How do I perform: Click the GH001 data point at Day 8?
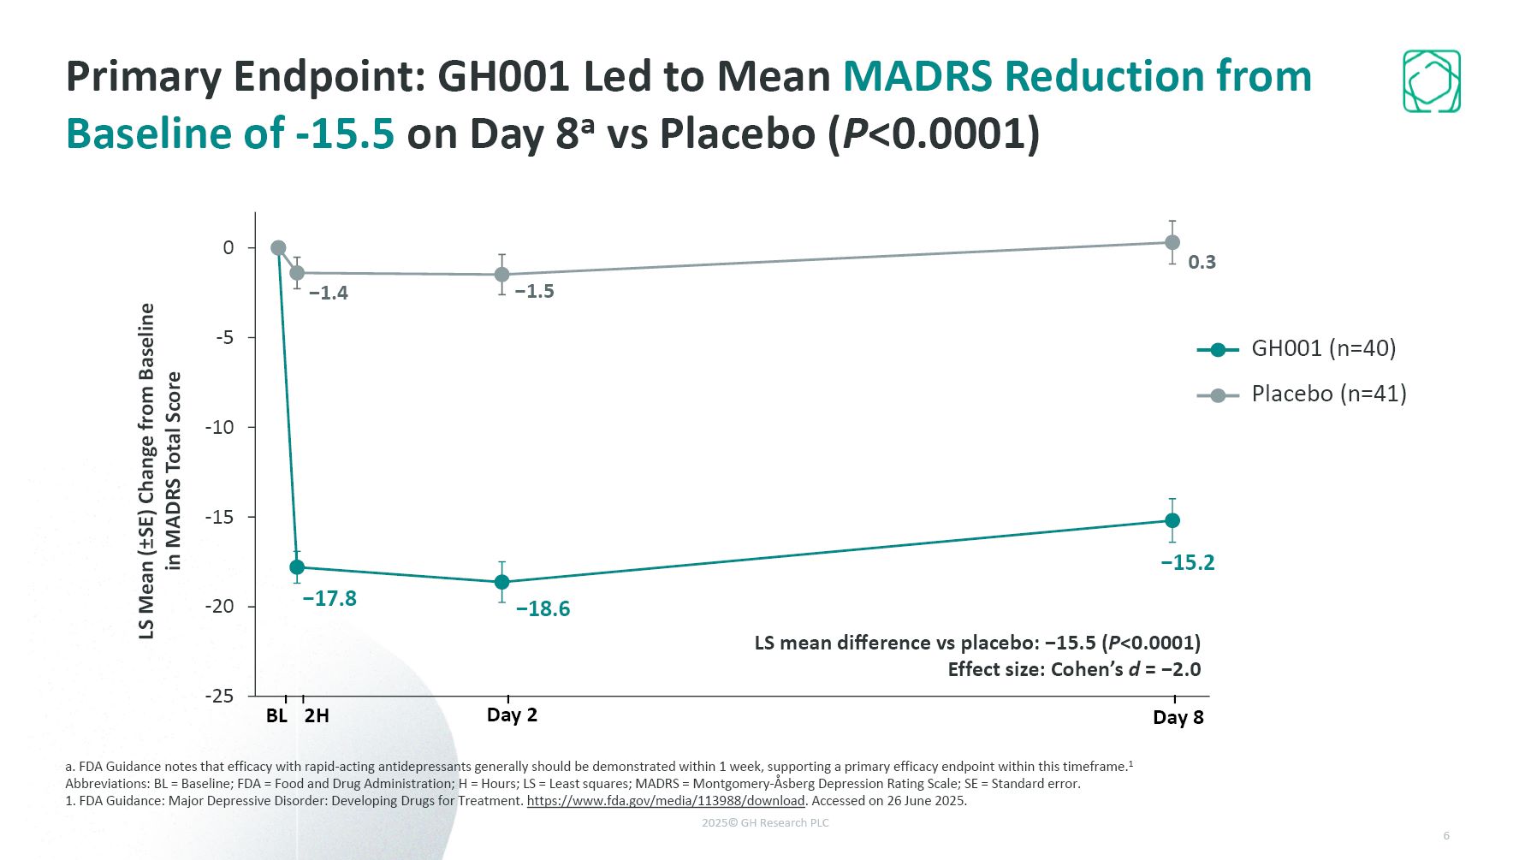(x=1172, y=520)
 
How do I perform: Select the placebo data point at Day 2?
(x=502, y=275)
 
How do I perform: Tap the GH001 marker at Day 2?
(x=502, y=582)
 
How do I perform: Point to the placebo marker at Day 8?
(x=1172, y=242)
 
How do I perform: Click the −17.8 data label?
(x=329, y=598)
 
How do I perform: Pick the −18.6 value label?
(x=543, y=608)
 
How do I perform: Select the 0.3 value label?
(x=1202, y=262)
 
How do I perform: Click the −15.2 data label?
(x=1187, y=562)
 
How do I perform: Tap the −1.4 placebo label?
(x=329, y=293)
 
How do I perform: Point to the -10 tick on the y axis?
(x=220, y=427)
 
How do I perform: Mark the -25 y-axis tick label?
(x=220, y=696)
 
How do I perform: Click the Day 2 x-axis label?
(x=512, y=715)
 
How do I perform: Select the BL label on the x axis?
(x=276, y=715)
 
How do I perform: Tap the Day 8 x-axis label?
(x=1178, y=717)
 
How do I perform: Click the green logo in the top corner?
(x=1431, y=81)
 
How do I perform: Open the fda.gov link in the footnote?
(x=666, y=801)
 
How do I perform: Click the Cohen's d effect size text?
(x=1073, y=669)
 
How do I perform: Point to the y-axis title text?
(x=160, y=471)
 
